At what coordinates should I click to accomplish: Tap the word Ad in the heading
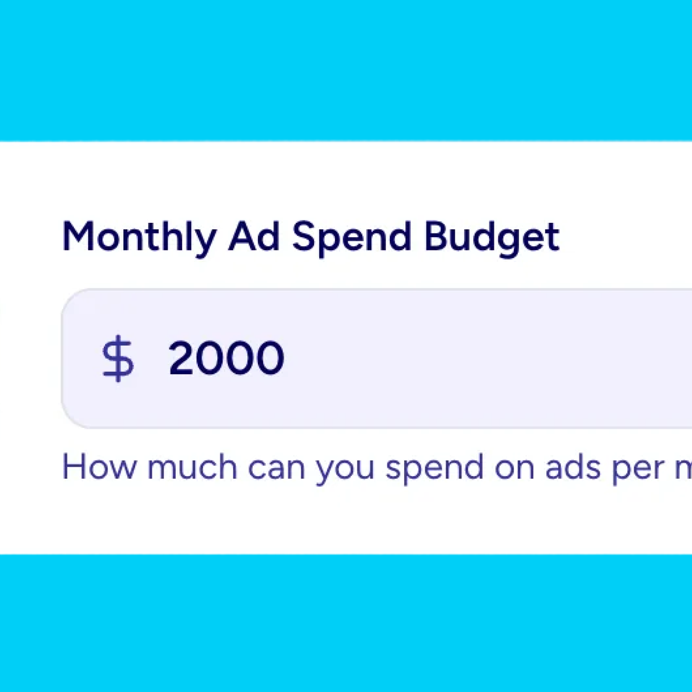254,237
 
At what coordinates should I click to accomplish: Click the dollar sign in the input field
118,358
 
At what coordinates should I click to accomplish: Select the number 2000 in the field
226,358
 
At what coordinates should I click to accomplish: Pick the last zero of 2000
270,358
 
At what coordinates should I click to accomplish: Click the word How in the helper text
99,467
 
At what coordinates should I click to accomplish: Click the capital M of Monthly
78,237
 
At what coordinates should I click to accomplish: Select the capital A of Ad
243,237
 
